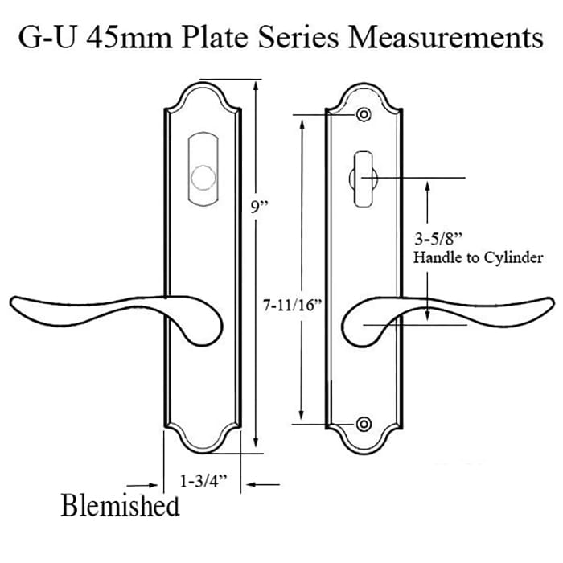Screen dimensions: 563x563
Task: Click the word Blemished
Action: click(x=120, y=507)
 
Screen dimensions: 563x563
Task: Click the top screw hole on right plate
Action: click(x=364, y=115)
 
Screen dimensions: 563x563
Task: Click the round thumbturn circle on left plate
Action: click(x=206, y=177)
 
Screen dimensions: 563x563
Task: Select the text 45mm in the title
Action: click(x=129, y=38)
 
